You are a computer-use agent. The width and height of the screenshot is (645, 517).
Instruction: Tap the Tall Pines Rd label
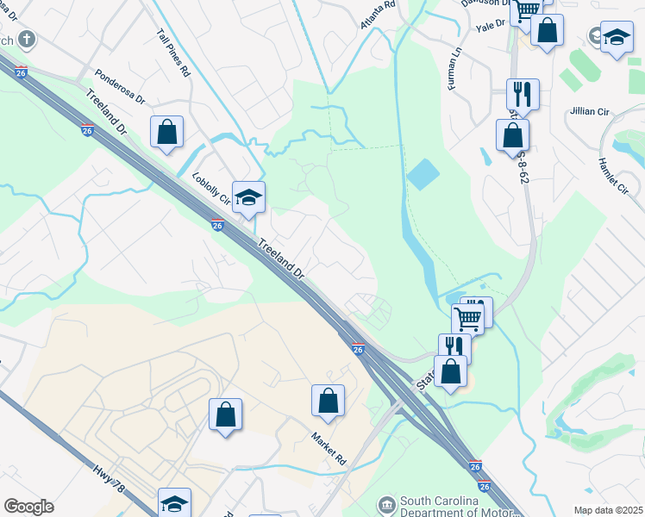pyautogui.click(x=172, y=53)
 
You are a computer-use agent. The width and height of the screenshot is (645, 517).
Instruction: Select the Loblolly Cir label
pyautogui.click(x=211, y=188)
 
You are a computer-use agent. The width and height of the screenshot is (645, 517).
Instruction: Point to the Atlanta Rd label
pyautogui.click(x=377, y=16)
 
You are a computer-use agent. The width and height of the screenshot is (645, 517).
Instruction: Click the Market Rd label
pyautogui.click(x=329, y=448)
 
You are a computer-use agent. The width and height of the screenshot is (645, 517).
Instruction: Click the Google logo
pyautogui.click(x=28, y=507)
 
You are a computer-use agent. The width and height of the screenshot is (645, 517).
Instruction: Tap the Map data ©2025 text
pyautogui.click(x=607, y=510)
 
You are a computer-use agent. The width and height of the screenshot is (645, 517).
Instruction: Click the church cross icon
pyautogui.click(x=27, y=39)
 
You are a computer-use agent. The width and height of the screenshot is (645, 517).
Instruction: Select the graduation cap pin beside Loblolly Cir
pyautogui.click(x=248, y=197)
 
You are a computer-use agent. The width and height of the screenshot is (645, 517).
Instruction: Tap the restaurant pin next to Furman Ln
pyautogui.click(x=523, y=93)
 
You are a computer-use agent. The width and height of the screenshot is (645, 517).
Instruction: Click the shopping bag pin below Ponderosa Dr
pyautogui.click(x=167, y=133)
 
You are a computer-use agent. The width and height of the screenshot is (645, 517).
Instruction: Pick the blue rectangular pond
pyautogui.click(x=423, y=175)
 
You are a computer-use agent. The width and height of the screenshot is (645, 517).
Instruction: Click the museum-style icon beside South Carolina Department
pyautogui.click(x=385, y=504)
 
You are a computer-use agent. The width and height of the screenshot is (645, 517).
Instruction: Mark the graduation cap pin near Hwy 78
pyautogui.click(x=175, y=502)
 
